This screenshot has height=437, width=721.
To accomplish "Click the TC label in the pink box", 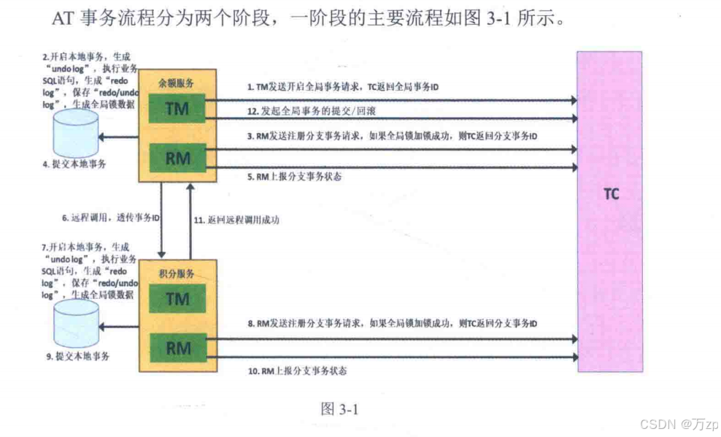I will pyautogui.click(x=612, y=195).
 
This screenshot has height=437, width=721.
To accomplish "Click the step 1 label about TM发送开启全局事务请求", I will pyautogui.click(x=343, y=87).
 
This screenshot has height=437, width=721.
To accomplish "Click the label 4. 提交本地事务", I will pyautogui.click(x=74, y=164).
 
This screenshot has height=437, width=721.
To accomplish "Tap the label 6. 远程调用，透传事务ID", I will pyautogui.click(x=110, y=218).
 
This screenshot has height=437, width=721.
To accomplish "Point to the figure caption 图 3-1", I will pyautogui.click(x=339, y=409).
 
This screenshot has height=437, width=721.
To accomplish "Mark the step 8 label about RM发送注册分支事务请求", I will pyautogui.click(x=393, y=323).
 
